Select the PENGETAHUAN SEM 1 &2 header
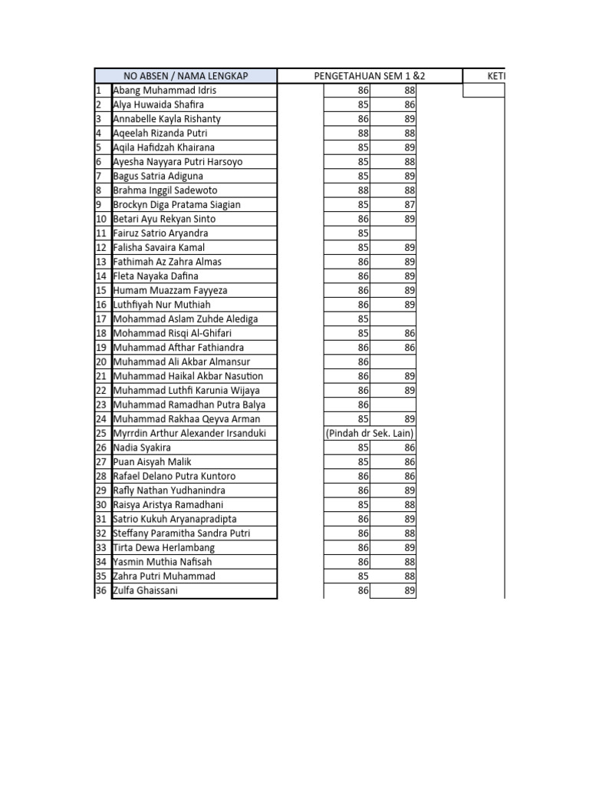click(370, 75)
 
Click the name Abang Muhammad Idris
click(164, 90)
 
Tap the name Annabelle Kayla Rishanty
click(166, 119)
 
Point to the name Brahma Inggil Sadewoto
click(165, 190)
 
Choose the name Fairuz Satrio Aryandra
click(160, 233)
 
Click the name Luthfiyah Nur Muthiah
click(162, 305)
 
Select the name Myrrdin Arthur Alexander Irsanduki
click(189, 433)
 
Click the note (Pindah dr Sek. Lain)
click(370, 433)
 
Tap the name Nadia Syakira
click(142, 447)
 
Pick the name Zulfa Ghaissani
click(146, 590)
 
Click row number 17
click(101, 319)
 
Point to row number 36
click(101, 590)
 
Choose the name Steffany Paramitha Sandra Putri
click(182, 533)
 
